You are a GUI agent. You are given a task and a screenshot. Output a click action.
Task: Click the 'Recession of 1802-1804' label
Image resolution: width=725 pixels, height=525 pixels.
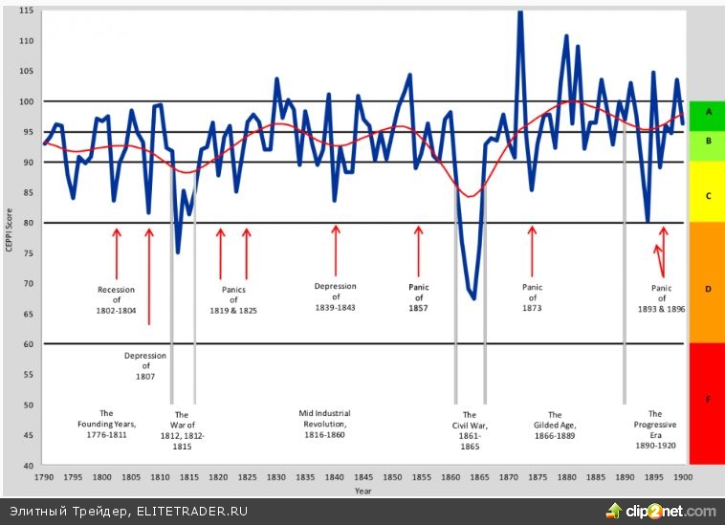click(x=117, y=299)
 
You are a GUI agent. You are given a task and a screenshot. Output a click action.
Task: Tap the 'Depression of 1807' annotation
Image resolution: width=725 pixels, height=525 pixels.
click(x=145, y=365)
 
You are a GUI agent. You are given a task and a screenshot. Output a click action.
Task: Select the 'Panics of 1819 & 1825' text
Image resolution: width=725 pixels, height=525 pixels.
click(x=233, y=299)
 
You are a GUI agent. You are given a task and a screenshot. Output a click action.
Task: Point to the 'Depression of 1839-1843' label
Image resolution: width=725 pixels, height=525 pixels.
click(x=335, y=296)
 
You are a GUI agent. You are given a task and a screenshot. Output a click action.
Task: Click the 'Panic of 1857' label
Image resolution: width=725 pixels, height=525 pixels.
click(x=418, y=296)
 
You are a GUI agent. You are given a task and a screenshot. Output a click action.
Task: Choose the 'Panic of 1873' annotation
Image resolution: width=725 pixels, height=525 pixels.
click(x=532, y=297)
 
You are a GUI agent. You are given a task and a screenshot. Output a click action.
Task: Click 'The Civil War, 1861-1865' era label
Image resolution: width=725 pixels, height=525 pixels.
click(x=470, y=430)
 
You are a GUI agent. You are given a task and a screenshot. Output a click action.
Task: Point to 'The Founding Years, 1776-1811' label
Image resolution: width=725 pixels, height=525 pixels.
click(x=106, y=424)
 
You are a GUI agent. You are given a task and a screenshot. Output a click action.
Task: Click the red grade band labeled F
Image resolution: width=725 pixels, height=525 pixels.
click(x=708, y=403)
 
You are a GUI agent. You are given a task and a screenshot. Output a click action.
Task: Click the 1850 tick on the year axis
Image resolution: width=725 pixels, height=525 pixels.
click(x=392, y=476)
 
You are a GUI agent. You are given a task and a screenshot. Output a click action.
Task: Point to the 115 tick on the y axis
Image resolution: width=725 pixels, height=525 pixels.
click(x=26, y=11)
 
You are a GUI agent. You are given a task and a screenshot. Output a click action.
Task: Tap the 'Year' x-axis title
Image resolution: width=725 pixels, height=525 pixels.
click(x=362, y=491)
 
